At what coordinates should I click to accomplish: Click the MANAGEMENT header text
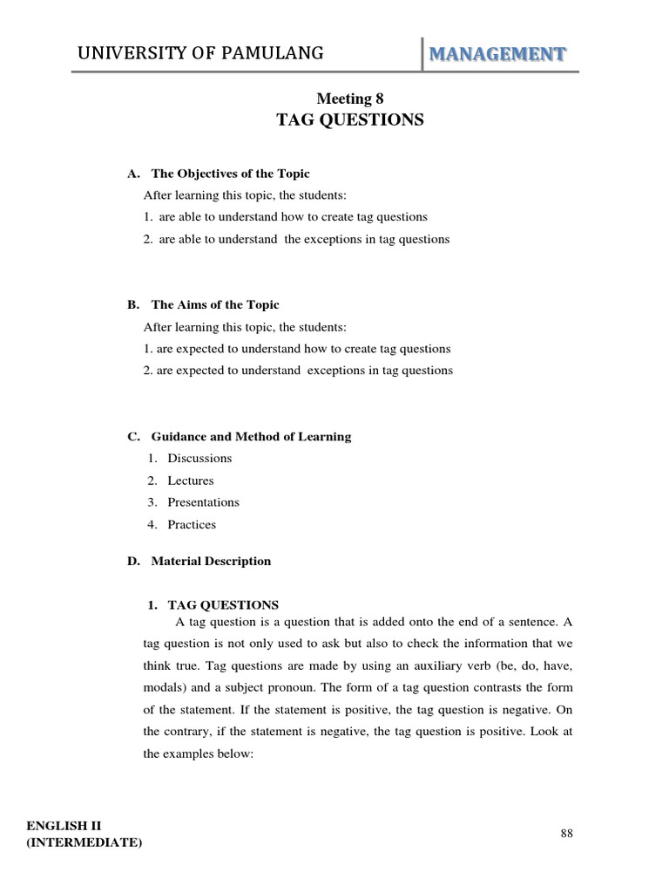496,54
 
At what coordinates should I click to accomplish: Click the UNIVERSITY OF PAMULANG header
200,54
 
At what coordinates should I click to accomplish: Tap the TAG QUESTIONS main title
350,120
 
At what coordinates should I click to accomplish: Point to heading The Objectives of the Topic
230,174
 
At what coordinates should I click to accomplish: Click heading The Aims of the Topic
215,305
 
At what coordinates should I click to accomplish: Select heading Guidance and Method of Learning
251,437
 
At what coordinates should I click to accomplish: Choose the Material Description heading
211,562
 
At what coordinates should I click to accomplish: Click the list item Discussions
199,459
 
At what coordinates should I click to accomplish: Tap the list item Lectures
190,481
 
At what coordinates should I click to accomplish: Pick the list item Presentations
203,502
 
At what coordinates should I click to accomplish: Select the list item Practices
192,525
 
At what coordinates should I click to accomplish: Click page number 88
567,834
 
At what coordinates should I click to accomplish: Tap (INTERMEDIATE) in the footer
84,842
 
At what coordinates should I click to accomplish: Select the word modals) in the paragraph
163,687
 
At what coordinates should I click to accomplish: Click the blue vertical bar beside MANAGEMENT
422,54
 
